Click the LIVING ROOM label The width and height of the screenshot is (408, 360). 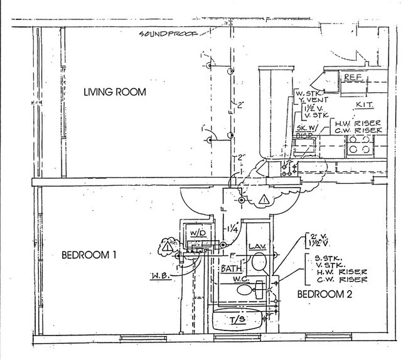click(115, 93)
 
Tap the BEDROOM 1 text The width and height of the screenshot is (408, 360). click(92, 256)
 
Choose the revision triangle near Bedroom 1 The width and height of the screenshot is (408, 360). click(166, 246)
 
